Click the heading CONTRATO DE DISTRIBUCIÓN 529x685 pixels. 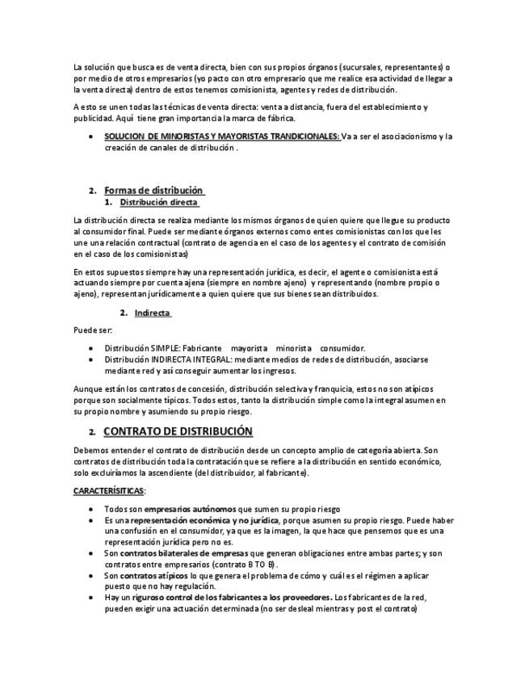pyautogui.click(x=178, y=431)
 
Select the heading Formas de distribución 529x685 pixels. pyautogui.click(x=153, y=190)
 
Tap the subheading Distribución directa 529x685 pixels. pyautogui.click(x=158, y=202)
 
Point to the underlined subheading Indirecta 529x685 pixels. pyautogui.click(x=152, y=313)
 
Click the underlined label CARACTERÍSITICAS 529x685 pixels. pyautogui.click(x=109, y=490)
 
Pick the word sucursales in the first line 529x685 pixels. pyautogui.click(x=344, y=66)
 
